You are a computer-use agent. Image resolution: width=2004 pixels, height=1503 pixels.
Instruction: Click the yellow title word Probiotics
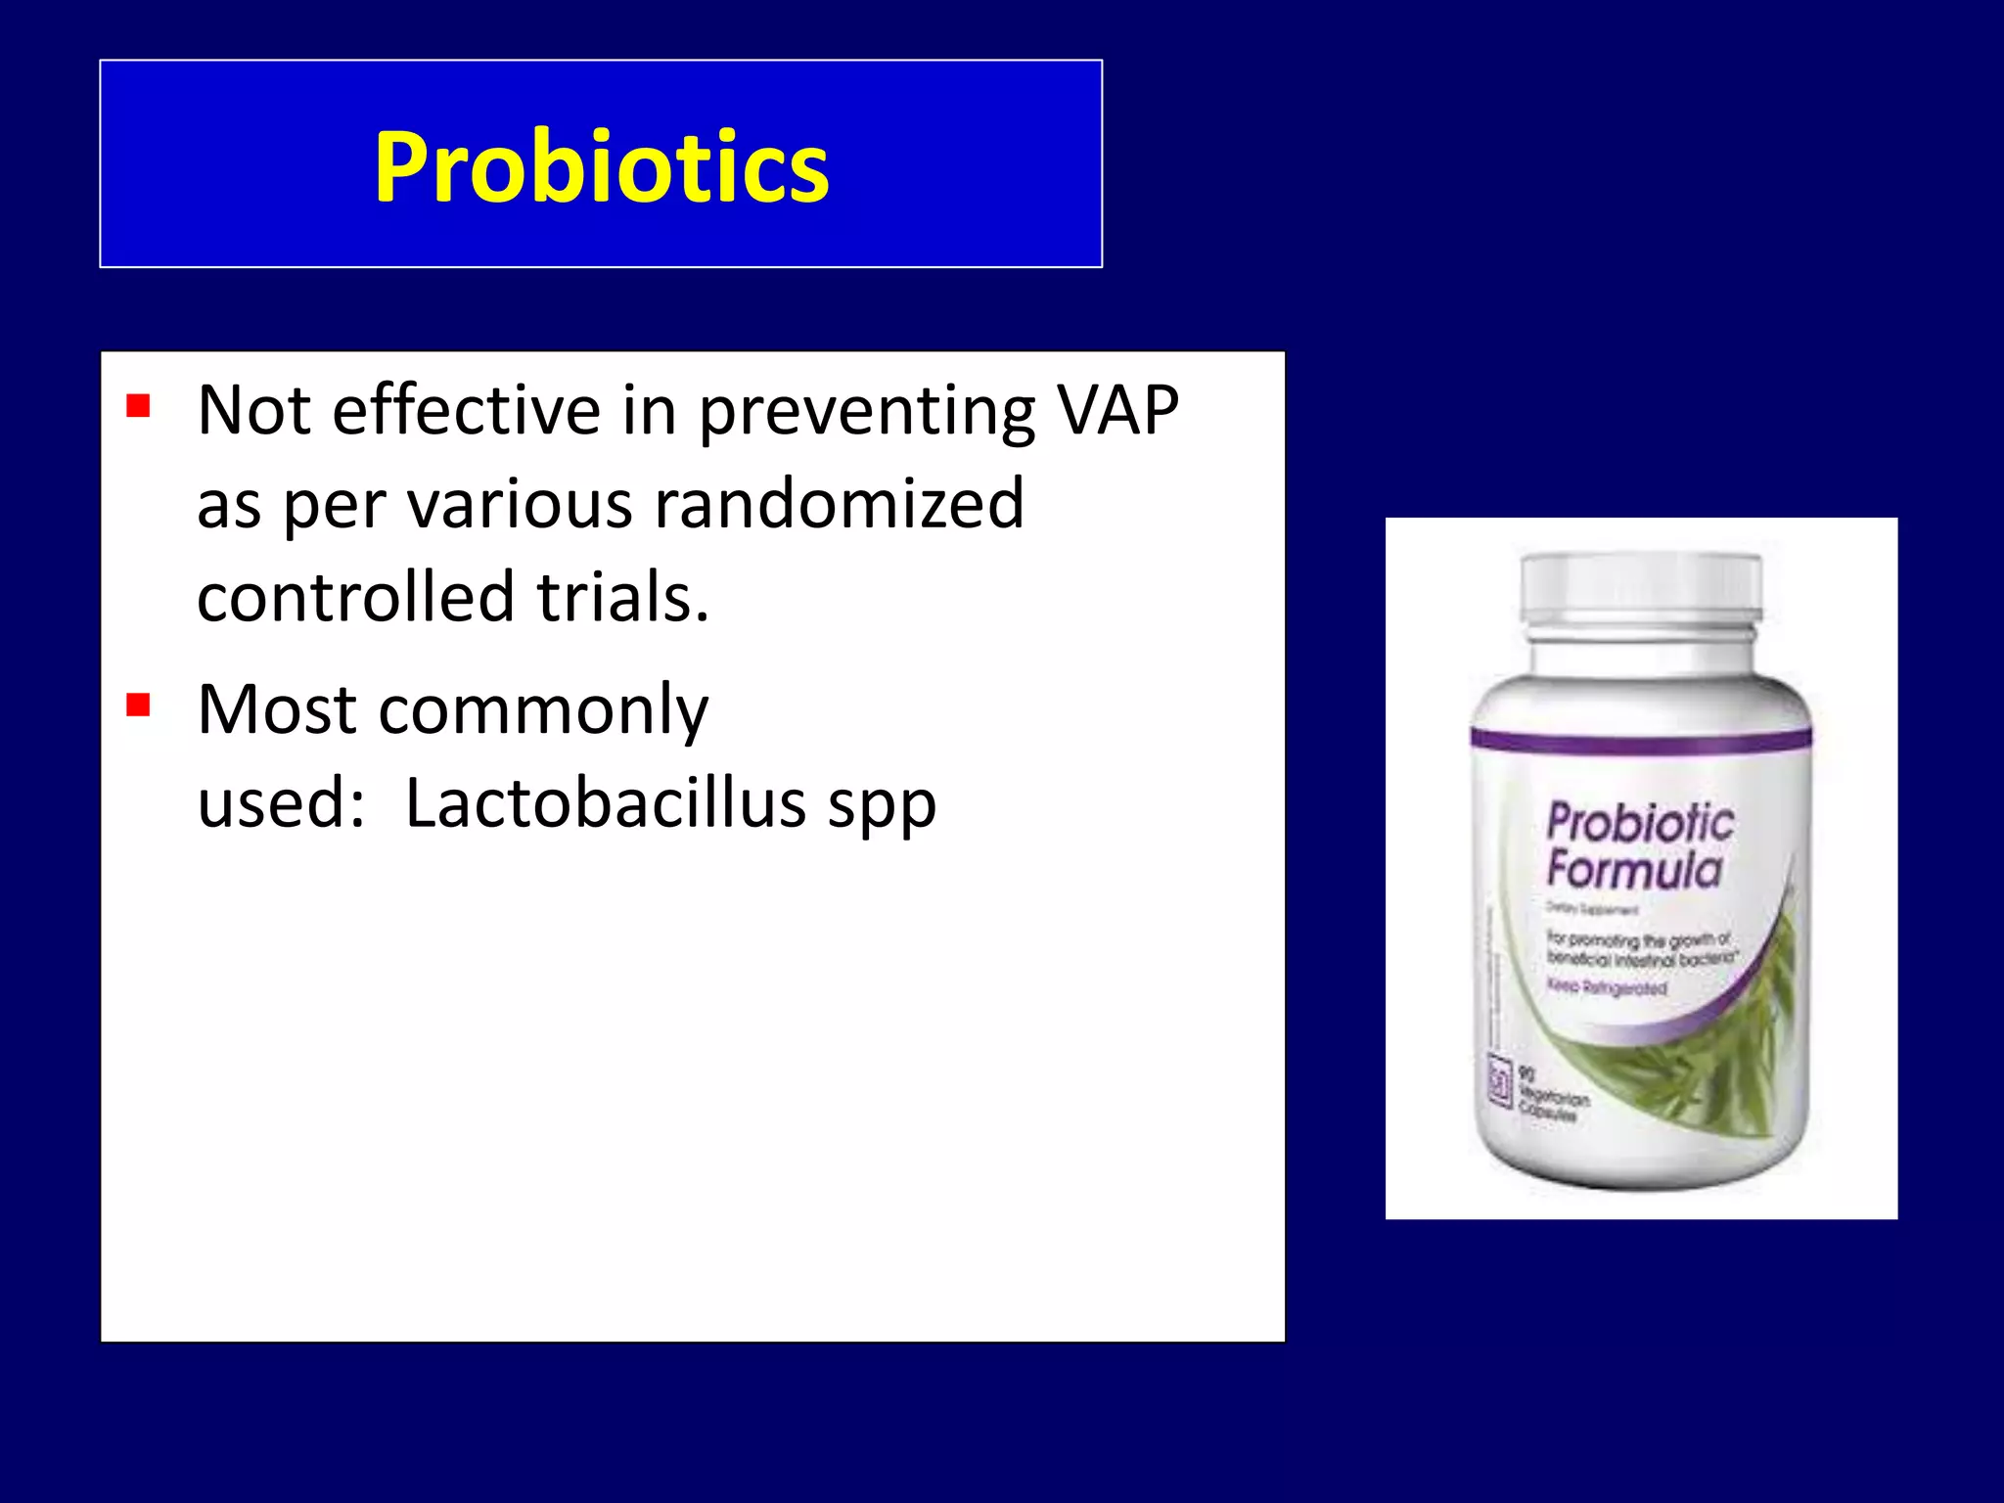pos(601,168)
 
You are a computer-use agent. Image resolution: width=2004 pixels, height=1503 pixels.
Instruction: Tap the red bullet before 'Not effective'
pos(138,405)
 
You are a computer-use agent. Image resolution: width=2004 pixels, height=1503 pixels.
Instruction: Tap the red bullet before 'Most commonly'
pos(138,705)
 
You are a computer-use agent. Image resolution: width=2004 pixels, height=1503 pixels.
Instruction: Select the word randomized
pos(839,505)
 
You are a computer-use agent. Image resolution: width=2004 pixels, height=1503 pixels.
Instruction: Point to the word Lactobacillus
pos(605,803)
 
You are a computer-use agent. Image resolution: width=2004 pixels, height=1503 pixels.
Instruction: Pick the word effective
pos(466,411)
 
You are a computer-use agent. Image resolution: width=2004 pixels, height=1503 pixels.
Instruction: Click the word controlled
pos(355,598)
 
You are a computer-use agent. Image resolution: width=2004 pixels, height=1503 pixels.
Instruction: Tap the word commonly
pos(543,711)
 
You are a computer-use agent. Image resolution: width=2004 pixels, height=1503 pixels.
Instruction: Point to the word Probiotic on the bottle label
pos(1640,823)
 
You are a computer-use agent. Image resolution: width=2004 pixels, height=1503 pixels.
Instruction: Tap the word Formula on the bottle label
pos(1634,870)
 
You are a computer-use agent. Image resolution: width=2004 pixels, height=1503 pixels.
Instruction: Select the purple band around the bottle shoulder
pos(1641,742)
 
